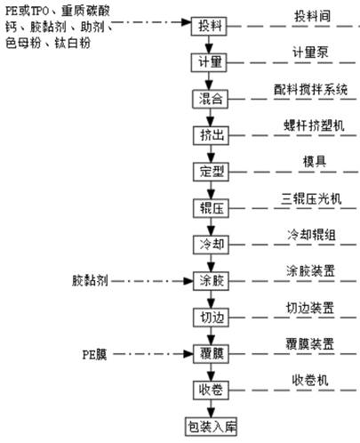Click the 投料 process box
click(x=209, y=26)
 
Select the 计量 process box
click(x=209, y=62)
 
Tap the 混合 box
click(x=210, y=99)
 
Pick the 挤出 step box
click(x=211, y=135)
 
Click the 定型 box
click(x=211, y=172)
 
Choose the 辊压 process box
click(x=211, y=208)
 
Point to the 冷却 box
click(x=211, y=245)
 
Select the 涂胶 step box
click(x=211, y=281)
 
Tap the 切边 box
click(x=211, y=318)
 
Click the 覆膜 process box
click(x=211, y=354)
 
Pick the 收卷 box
click(x=211, y=390)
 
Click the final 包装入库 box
click(x=211, y=427)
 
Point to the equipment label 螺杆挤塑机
click(x=314, y=125)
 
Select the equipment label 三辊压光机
click(x=311, y=198)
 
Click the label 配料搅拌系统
click(x=311, y=89)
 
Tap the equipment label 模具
click(x=315, y=162)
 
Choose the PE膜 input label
click(x=94, y=355)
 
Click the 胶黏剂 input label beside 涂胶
click(x=90, y=280)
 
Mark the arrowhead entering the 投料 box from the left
click(x=187, y=22)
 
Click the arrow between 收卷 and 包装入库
click(x=211, y=408)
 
